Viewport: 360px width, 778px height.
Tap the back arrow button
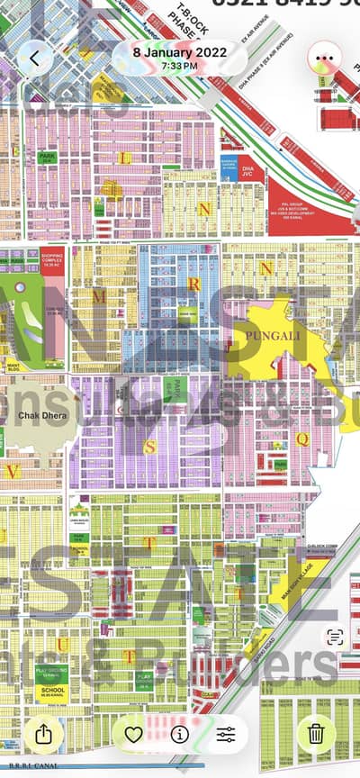tap(35, 59)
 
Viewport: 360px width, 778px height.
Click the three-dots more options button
tap(324, 59)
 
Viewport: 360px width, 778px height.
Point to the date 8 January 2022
tap(180, 52)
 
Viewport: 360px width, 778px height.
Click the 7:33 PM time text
tap(180, 66)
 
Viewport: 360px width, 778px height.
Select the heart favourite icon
tap(133, 734)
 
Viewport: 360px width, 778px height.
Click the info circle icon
tap(180, 734)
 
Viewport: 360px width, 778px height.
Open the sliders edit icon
tap(226, 734)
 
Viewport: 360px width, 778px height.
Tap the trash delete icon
tap(316, 733)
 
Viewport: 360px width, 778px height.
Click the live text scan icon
tap(335, 637)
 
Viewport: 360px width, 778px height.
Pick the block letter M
tap(100, 294)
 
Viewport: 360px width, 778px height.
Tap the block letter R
tap(193, 283)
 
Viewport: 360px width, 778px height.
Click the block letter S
tap(150, 445)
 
